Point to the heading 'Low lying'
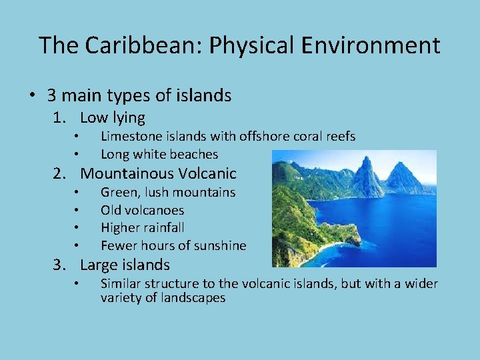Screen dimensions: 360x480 point(112,118)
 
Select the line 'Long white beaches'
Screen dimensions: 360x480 point(159,155)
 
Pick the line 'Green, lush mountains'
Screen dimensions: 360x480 point(168,193)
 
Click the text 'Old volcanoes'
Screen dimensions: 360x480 point(142,211)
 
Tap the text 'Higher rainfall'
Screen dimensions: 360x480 point(142,228)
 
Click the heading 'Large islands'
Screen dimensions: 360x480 point(125,265)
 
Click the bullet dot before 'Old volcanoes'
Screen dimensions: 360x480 point(77,211)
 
